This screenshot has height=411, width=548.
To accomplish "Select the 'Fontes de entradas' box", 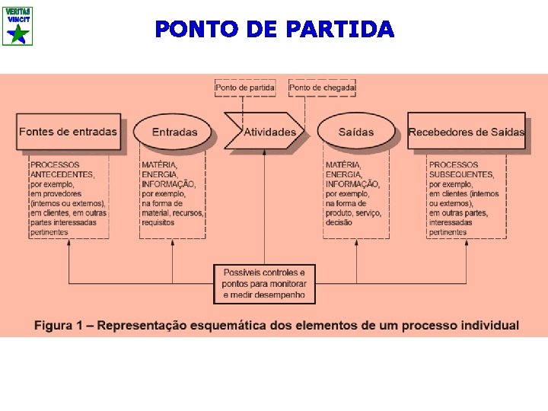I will (x=68, y=132).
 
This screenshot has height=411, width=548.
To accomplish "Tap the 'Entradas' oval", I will (x=174, y=132).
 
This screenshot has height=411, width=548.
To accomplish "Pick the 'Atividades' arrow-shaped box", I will (x=267, y=132).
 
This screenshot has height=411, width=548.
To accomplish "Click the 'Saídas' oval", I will (x=356, y=132).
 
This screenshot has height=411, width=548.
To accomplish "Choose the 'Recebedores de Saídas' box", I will (x=466, y=132).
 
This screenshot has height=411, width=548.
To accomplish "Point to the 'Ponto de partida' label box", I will (x=245, y=88).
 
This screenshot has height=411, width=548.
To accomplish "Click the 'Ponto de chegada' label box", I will (x=323, y=88).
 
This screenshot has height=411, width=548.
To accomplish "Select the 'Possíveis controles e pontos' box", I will (x=264, y=283).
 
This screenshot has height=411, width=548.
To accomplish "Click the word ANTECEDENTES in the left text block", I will (x=62, y=174).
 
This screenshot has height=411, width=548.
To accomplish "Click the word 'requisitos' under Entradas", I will (x=158, y=223).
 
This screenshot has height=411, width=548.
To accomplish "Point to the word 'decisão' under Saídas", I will (x=339, y=223).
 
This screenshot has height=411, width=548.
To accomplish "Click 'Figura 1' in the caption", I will (x=58, y=326).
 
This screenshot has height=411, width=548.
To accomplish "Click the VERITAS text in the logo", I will (x=17, y=11).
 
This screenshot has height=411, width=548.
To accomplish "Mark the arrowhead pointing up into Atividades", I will (x=264, y=151).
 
